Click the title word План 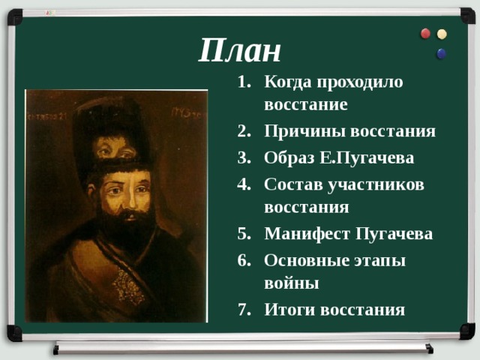pyautogui.click(x=239, y=50)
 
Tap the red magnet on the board pyautogui.click(x=425, y=33)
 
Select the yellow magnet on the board pyautogui.click(x=442, y=34)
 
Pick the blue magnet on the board pyautogui.click(x=442, y=53)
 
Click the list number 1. pyautogui.click(x=244, y=82)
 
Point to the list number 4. pyautogui.click(x=244, y=184)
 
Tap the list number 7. pyautogui.click(x=244, y=309)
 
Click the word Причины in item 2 pyautogui.click(x=304, y=132)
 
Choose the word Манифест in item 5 pyautogui.click(x=307, y=234)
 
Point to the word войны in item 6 pyautogui.click(x=292, y=283)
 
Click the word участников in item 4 pyautogui.click(x=376, y=185)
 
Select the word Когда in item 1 pyautogui.click(x=288, y=82)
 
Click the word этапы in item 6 pyautogui.click(x=380, y=261)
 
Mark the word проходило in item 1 pyautogui.click(x=360, y=82)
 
